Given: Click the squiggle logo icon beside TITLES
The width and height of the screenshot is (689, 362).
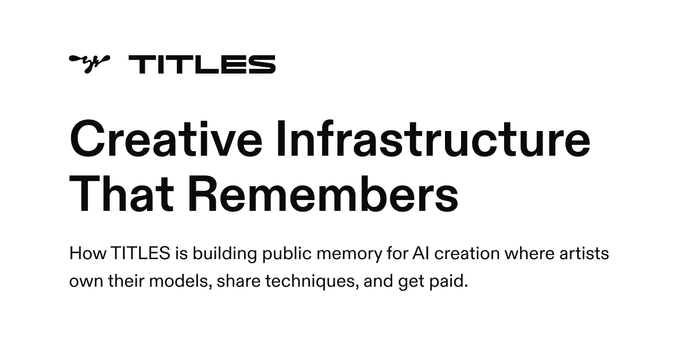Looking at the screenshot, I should tap(89, 63).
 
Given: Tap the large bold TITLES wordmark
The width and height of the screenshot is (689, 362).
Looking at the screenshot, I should tap(202, 64).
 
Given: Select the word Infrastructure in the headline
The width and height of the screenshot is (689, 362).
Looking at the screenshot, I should tap(432, 140).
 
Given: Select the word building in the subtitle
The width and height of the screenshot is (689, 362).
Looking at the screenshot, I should tap(223, 253).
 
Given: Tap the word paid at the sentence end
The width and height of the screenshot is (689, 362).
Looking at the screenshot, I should tap(447, 283).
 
